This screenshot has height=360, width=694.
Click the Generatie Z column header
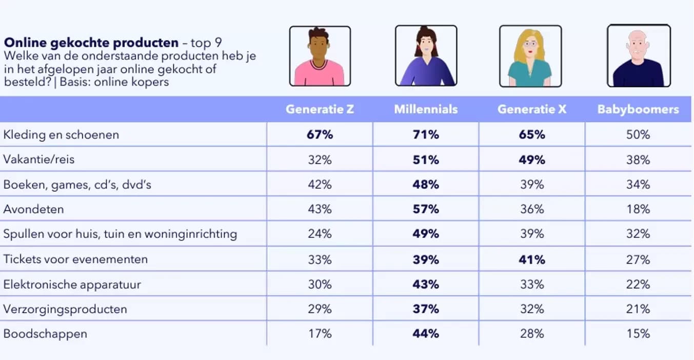click(x=320, y=109)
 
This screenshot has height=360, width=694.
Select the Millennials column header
click(x=426, y=109)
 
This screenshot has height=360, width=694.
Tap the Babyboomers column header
click(x=638, y=109)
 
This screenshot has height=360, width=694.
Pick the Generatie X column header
click(x=532, y=109)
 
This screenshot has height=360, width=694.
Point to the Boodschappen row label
click(x=45, y=334)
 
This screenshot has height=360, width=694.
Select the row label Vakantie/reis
click(x=39, y=159)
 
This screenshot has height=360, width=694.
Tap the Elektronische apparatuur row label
click(x=72, y=284)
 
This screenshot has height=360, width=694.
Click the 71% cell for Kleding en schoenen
click(x=426, y=135)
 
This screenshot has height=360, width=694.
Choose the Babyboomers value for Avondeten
click(x=638, y=209)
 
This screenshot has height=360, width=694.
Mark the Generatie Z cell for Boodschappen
click(x=320, y=334)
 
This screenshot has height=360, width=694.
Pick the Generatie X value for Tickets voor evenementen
click(x=532, y=259)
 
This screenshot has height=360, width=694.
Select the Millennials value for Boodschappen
click(x=426, y=334)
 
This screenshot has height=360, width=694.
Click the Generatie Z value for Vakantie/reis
click(x=320, y=159)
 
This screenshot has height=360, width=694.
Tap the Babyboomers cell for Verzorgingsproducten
click(x=638, y=309)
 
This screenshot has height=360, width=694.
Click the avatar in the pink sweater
click(x=320, y=56)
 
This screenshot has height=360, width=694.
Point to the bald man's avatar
click(x=639, y=56)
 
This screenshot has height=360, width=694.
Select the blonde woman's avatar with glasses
click(x=530, y=56)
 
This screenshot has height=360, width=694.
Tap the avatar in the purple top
click(x=426, y=56)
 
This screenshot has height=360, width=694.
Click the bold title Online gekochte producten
click(x=91, y=43)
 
